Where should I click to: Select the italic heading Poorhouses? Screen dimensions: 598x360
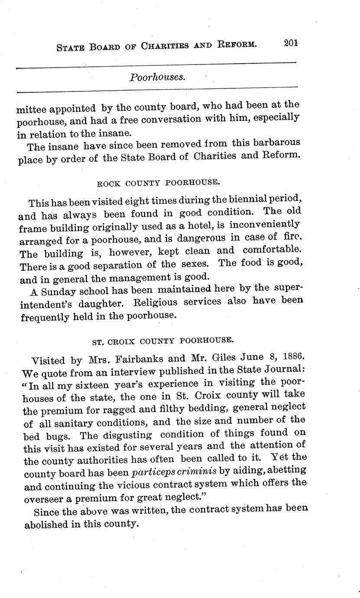(157, 77)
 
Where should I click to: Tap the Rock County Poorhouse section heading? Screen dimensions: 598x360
(156, 183)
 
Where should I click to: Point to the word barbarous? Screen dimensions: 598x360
(276, 143)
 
